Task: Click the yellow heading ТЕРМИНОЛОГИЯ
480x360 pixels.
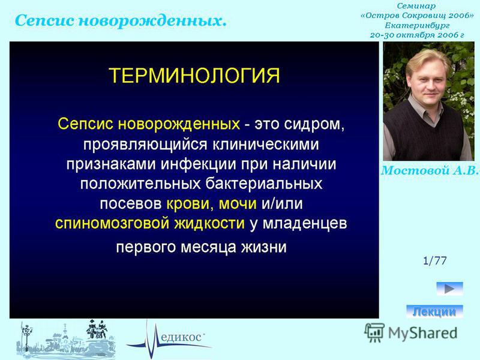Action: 194,76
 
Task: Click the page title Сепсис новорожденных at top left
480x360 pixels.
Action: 121,21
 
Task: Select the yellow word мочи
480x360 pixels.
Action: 238,204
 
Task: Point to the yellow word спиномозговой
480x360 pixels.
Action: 112,223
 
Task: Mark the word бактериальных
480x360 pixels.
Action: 263,184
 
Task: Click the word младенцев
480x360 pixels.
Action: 305,223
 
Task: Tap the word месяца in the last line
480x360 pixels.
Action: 208,247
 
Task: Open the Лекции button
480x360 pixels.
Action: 434,311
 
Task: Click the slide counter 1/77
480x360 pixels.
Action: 434,260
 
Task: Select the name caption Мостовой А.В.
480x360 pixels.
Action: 429,170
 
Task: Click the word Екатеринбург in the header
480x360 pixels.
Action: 417,25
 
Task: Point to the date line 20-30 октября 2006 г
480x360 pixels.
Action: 417,35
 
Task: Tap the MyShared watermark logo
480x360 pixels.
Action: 411,332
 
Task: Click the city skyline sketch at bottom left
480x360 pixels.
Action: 66,340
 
